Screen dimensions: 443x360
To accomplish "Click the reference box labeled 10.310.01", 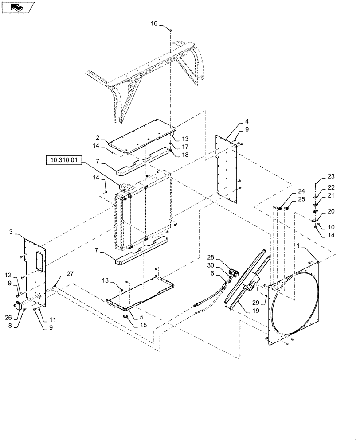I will [x=63, y=159].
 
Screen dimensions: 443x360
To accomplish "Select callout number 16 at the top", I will [x=154, y=23].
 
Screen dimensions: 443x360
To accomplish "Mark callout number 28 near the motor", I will [x=211, y=257].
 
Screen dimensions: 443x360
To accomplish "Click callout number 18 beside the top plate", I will [x=184, y=155].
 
